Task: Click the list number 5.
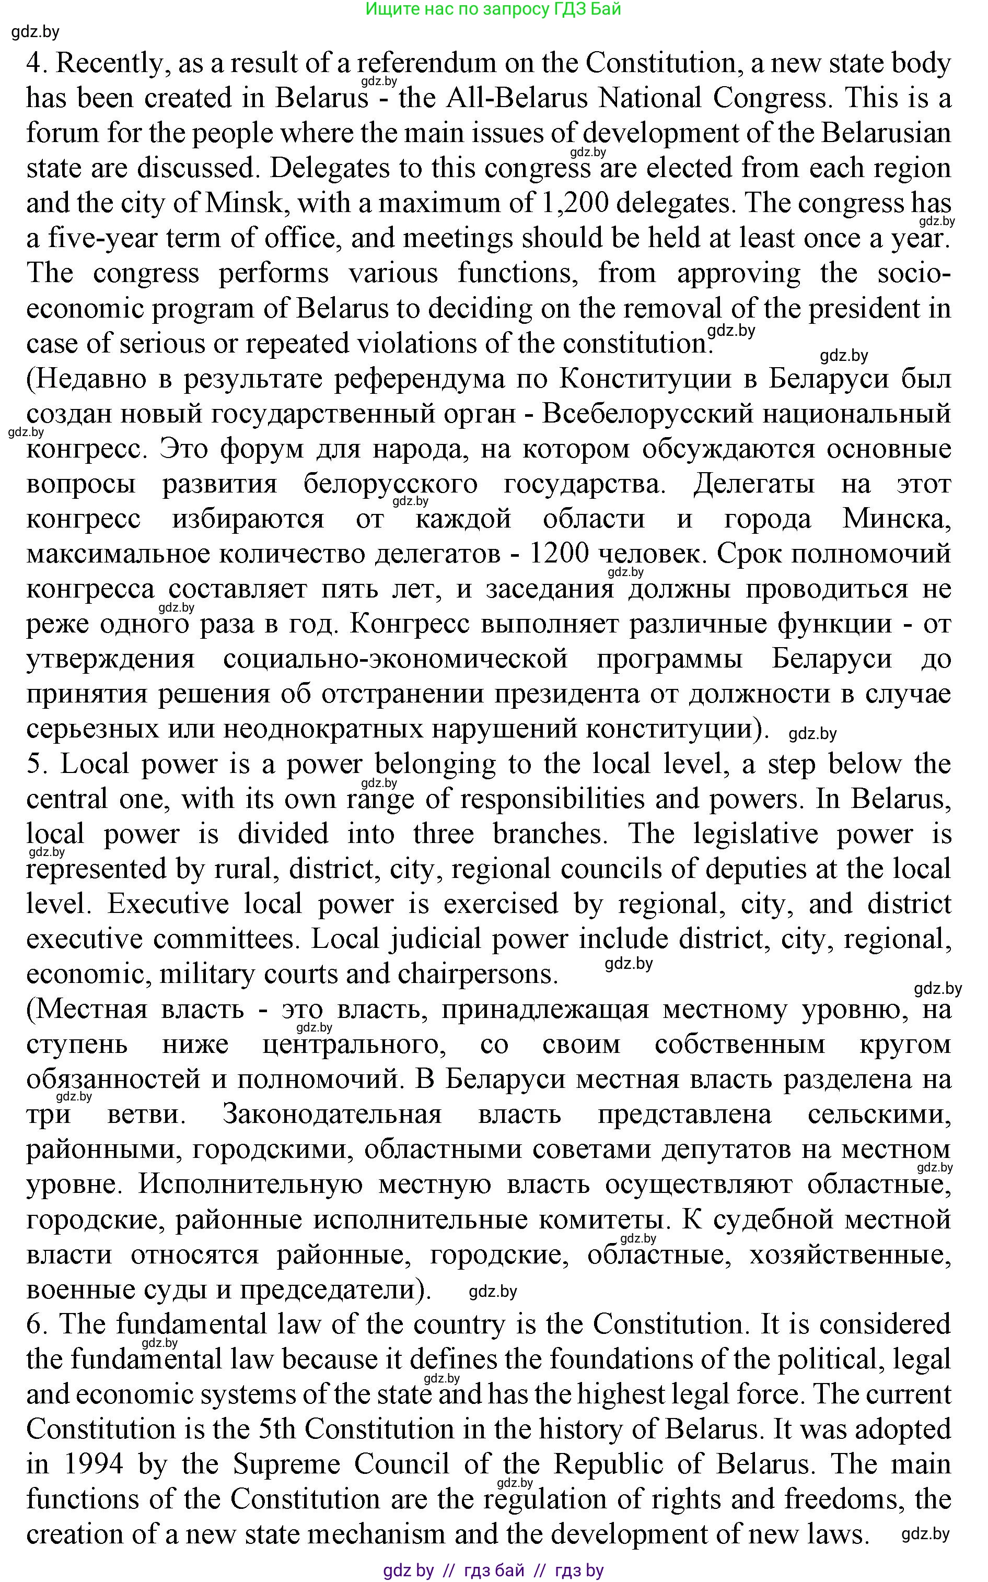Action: (34, 764)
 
